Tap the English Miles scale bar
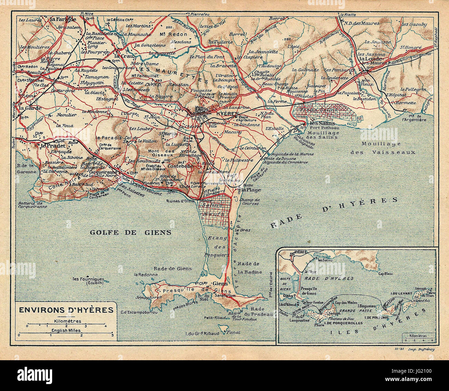pyautogui.click(x=66, y=335)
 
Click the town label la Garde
pyautogui.click(x=30, y=108)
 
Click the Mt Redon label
pyautogui.click(x=173, y=34)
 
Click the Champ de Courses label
pyautogui.click(x=249, y=202)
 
